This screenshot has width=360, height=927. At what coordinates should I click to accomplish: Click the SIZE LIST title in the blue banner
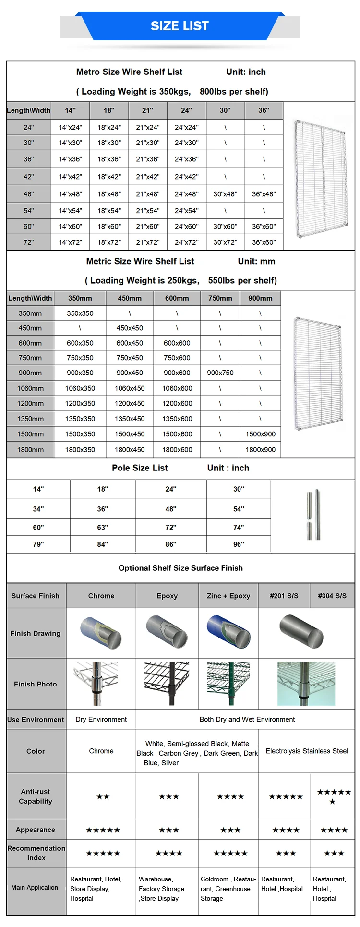(x=180, y=26)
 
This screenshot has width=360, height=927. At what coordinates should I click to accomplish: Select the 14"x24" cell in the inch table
(x=71, y=128)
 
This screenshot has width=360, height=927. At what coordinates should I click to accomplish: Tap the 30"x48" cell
(x=225, y=194)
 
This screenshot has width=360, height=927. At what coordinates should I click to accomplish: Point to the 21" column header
(x=147, y=110)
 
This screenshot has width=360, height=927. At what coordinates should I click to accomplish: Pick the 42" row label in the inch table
(x=29, y=177)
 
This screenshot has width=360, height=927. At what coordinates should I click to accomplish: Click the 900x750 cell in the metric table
(x=220, y=373)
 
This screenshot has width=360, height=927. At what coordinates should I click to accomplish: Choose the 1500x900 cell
(x=260, y=434)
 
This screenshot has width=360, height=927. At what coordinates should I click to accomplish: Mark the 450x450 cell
(x=130, y=328)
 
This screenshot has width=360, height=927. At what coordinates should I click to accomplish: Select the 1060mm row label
(x=30, y=388)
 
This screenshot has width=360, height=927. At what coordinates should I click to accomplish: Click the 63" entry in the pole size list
(x=103, y=528)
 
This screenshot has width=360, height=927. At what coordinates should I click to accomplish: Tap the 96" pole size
(x=239, y=544)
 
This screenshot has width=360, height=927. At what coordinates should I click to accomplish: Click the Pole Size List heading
(x=140, y=468)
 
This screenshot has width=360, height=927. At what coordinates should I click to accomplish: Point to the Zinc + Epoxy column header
(x=228, y=596)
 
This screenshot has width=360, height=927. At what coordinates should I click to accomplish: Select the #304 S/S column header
(x=332, y=596)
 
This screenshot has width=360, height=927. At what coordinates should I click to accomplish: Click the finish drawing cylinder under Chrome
(x=101, y=633)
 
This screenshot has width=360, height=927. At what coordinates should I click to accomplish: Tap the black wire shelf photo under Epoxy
(x=167, y=683)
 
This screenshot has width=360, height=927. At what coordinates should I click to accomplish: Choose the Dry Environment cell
(x=101, y=720)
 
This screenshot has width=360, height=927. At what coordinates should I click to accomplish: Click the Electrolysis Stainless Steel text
(x=307, y=751)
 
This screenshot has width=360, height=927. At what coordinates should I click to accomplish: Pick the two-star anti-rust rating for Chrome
(x=103, y=797)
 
